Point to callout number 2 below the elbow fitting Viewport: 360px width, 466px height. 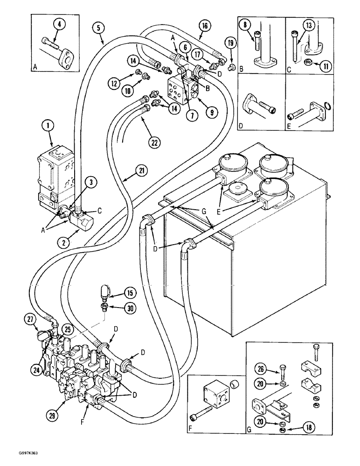coord(61,241)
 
